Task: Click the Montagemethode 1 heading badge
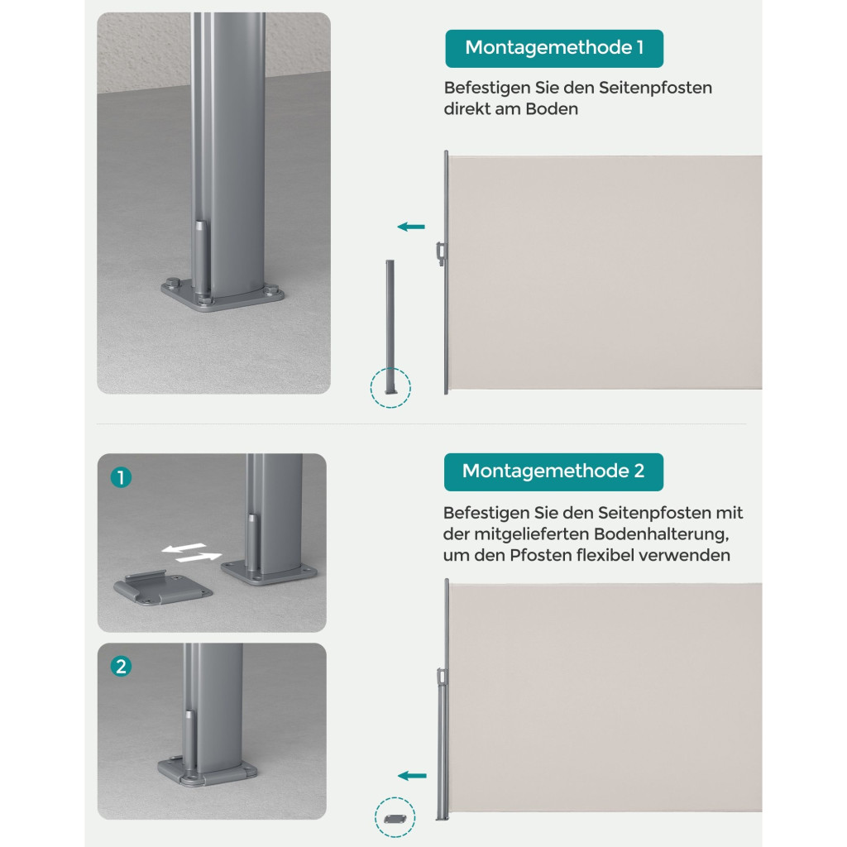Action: [x=554, y=49]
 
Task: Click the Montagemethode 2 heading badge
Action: [x=553, y=472]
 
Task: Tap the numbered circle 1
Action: [x=121, y=477]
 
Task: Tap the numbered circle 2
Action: [x=121, y=666]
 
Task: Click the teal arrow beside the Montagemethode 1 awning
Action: [x=411, y=227]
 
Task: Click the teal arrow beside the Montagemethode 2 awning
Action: [x=412, y=776]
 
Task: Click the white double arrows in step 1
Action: [x=192, y=552]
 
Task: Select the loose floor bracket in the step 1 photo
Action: [x=163, y=588]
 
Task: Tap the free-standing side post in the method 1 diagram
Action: [x=390, y=327]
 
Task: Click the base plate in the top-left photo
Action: [x=223, y=295]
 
